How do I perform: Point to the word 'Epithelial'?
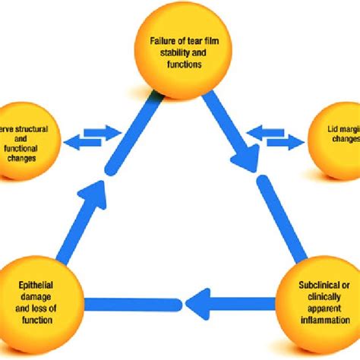pyautogui.click(x=36, y=287)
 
